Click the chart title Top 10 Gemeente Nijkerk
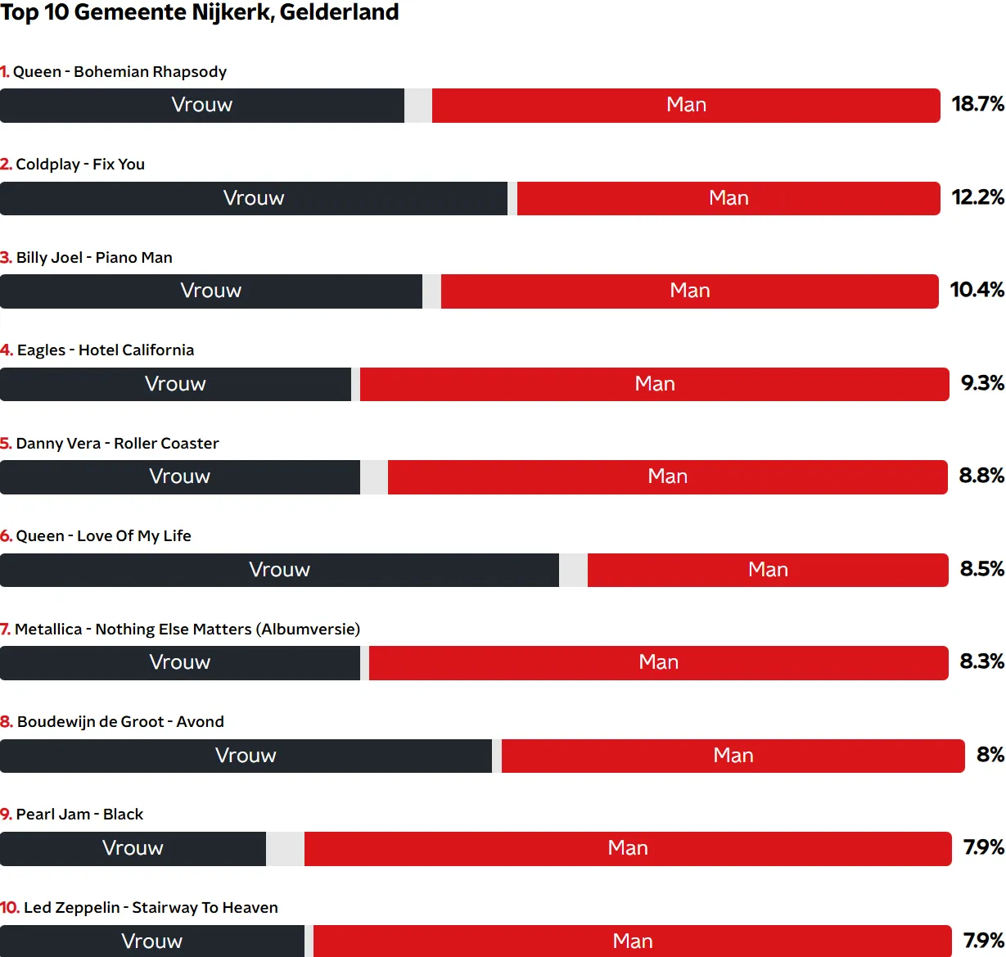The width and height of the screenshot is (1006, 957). tap(200, 13)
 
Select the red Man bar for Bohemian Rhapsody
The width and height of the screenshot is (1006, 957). tap(686, 106)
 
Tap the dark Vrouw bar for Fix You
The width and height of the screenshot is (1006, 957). tap(254, 199)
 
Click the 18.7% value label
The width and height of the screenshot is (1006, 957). tap(977, 104)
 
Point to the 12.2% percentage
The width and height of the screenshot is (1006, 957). tap(977, 197)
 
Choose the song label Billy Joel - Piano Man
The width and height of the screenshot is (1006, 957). tap(87, 258)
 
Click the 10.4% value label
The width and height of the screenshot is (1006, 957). tap(977, 290)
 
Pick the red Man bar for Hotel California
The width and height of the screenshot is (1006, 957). tap(655, 385)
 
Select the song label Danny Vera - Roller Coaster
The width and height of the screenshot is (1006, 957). tap(110, 444)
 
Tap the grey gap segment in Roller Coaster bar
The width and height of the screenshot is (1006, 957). tap(374, 477)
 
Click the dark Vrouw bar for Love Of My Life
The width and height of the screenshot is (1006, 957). tap(279, 571)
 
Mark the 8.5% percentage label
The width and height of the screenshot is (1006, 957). tap(981, 569)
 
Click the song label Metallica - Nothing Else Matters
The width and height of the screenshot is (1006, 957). tap(180, 630)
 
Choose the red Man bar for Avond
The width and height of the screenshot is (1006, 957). tap(733, 756)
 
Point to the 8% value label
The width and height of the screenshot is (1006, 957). tap(990, 755)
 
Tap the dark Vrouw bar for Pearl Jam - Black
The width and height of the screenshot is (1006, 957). tap(133, 849)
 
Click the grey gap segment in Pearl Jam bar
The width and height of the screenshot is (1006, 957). tap(285, 849)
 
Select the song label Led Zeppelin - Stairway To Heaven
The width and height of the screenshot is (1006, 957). tap(139, 908)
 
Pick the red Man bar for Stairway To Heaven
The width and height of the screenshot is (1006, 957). tap(632, 941)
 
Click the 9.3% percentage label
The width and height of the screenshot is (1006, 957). tap(981, 383)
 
